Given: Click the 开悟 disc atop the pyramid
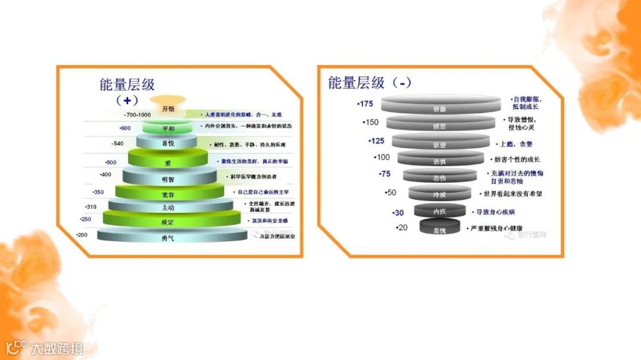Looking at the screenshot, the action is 168,108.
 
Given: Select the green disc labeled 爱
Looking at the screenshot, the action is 167,161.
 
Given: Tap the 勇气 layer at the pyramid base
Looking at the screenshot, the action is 168,237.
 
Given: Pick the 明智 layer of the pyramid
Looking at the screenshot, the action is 167,178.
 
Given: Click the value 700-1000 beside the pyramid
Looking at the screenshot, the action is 138,114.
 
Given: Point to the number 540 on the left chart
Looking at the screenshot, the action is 118,144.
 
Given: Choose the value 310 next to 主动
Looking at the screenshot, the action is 91,207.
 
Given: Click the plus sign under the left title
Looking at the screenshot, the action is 126,100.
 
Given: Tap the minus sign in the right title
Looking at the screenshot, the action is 404,83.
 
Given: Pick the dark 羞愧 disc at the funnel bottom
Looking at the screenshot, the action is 440,228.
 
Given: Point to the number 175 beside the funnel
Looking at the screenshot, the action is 366,104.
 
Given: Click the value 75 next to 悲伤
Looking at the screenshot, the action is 385,174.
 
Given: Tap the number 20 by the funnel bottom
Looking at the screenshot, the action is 403,228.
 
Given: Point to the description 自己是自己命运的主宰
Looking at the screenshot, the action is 263,192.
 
